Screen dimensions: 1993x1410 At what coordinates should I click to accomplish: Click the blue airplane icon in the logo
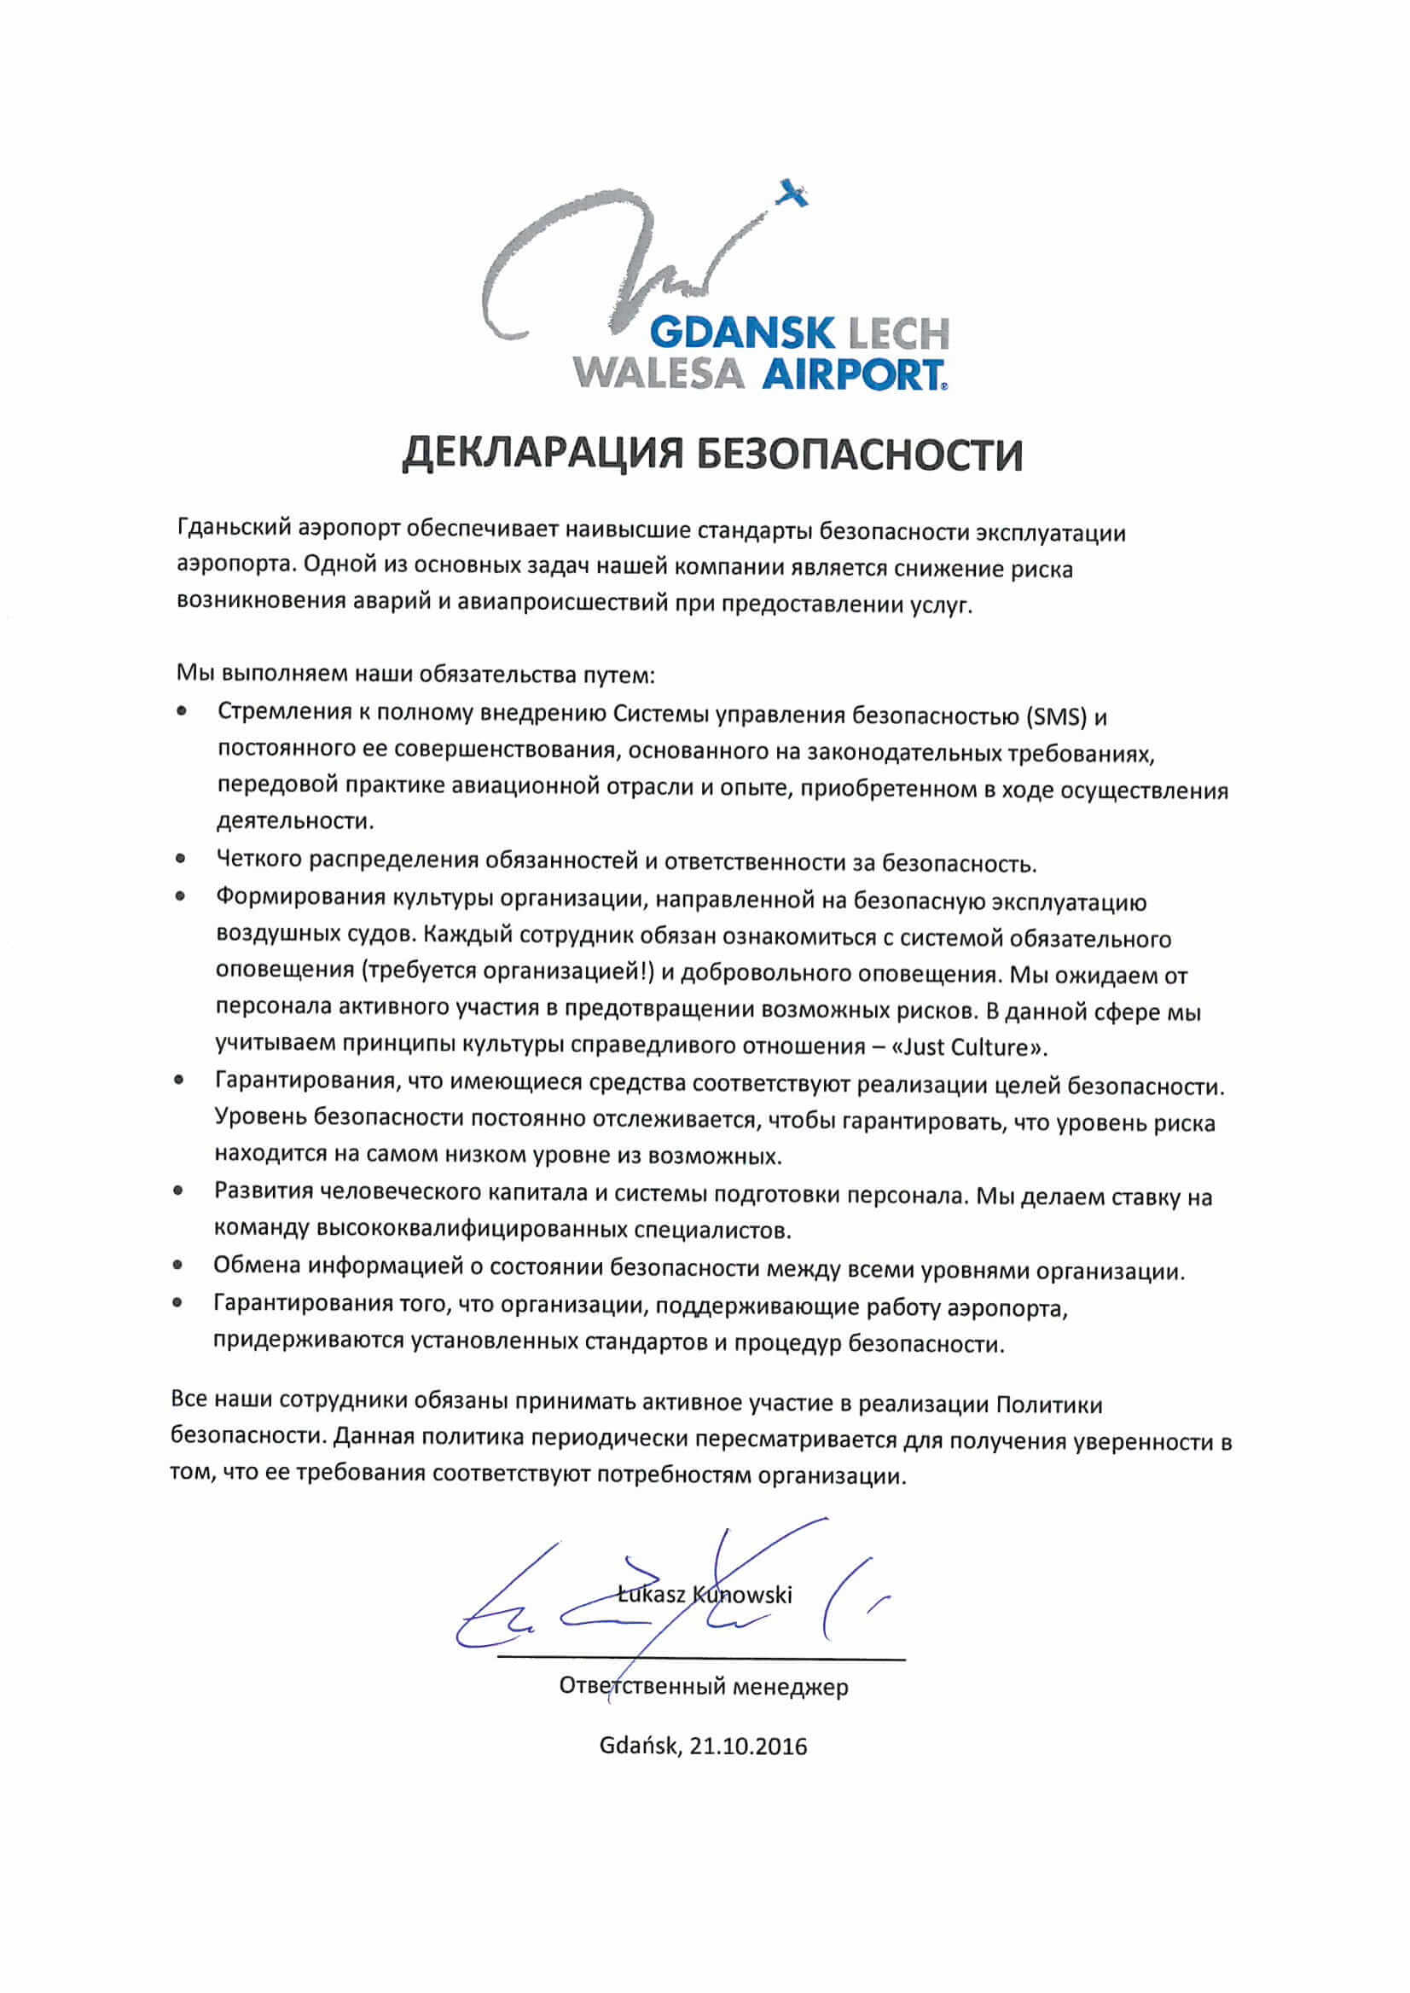point(792,192)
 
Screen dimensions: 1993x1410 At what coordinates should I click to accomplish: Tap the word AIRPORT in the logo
point(852,375)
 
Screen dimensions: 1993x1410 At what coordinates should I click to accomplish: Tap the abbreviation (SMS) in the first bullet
point(1056,717)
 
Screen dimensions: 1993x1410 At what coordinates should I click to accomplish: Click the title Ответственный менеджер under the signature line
point(703,1687)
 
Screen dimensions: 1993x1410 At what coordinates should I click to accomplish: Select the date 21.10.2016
point(748,1747)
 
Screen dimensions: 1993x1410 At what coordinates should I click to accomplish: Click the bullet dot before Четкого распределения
point(181,859)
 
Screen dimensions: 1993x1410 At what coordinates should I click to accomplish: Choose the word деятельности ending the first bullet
point(294,820)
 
